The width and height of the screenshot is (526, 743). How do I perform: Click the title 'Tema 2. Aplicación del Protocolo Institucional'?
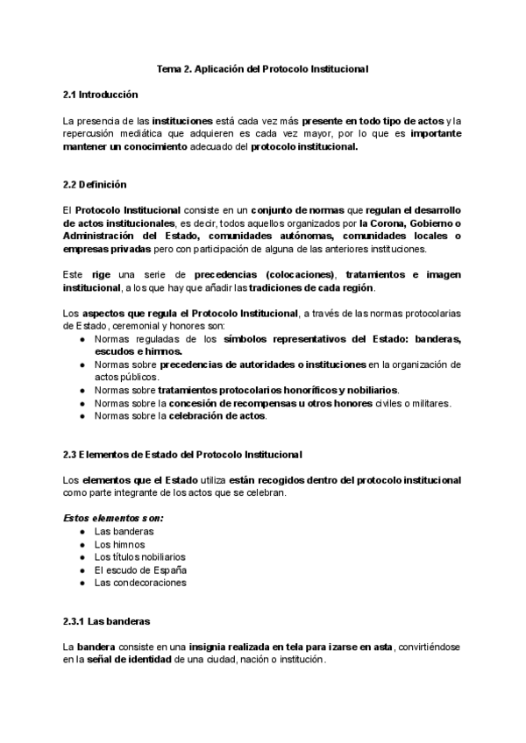tap(263, 68)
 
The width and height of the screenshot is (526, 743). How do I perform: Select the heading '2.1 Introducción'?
tap(101, 94)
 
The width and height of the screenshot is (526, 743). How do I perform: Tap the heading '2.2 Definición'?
tap(95, 185)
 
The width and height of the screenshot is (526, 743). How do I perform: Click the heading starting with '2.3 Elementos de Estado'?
tap(183, 454)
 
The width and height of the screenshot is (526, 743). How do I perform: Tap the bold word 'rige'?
tap(101, 274)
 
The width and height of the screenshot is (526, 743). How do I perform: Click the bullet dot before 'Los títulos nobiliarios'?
tap(82, 557)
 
